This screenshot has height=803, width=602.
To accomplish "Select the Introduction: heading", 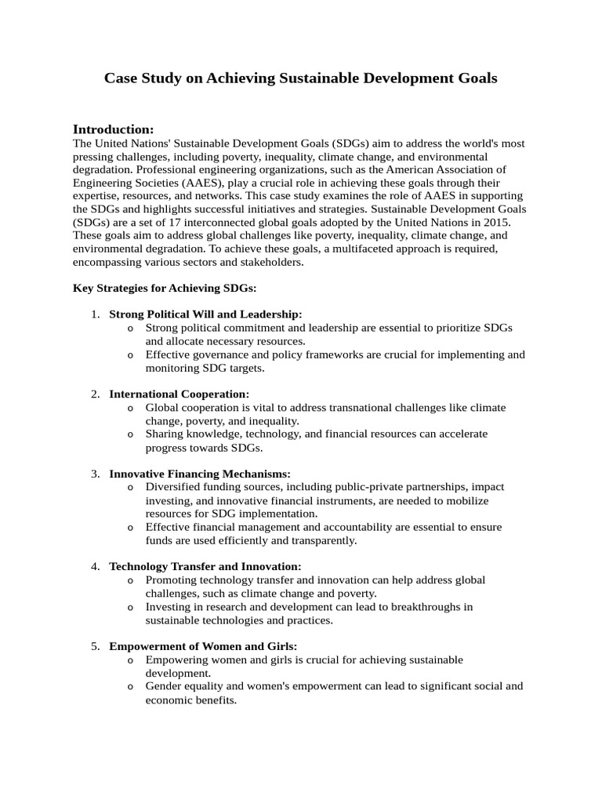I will point(113,129).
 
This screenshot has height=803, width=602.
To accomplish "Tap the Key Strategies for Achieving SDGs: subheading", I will point(165,288).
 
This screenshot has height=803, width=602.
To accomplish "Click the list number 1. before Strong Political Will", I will point(95,314).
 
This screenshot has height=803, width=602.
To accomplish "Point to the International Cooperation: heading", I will point(180,394).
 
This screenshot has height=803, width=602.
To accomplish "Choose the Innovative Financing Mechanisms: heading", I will point(200,474).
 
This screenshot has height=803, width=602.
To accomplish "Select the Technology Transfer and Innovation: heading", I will point(205,566).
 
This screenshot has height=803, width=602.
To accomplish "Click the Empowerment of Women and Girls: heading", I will point(203,646).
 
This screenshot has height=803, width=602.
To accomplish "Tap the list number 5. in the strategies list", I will point(95,646).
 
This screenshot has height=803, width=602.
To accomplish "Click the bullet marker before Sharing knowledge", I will point(129,434).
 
